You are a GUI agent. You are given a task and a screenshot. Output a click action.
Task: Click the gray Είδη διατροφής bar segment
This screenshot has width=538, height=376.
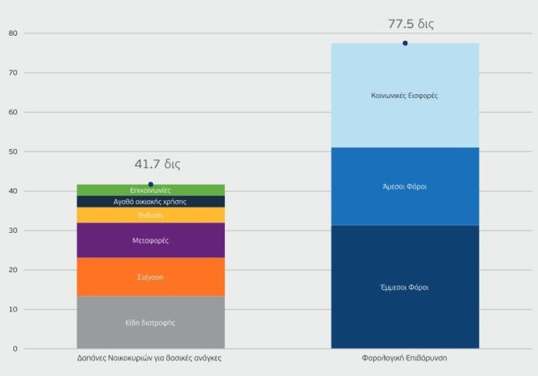150,322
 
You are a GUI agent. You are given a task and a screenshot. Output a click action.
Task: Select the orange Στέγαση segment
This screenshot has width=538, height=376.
150,277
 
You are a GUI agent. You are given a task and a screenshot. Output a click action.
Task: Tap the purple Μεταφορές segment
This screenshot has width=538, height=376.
150,240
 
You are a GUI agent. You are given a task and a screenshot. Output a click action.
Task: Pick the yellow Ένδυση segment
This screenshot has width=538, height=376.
150,215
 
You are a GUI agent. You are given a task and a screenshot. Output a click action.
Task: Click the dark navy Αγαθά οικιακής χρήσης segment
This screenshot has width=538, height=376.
150,201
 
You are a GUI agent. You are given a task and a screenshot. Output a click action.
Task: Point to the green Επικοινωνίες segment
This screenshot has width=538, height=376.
150,190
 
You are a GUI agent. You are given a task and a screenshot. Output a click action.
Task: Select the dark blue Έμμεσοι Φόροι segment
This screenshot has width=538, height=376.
405,287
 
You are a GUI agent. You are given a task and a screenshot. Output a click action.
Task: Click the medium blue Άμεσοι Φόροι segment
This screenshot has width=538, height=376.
405,186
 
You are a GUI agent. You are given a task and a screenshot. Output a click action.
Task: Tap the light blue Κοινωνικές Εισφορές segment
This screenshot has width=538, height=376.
405,95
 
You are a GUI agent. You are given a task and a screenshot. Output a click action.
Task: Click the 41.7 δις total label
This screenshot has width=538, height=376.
157,164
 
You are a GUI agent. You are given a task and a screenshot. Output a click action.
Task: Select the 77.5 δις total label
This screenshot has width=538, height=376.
411,24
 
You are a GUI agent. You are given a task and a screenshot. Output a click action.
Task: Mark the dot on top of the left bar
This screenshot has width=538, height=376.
150,184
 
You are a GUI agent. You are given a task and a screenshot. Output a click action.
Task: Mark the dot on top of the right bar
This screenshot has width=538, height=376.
405,43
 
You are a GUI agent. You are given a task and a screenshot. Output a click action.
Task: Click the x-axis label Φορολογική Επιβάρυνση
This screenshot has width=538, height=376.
405,358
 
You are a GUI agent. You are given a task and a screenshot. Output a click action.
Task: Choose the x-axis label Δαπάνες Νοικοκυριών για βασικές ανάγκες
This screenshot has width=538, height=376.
150,358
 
